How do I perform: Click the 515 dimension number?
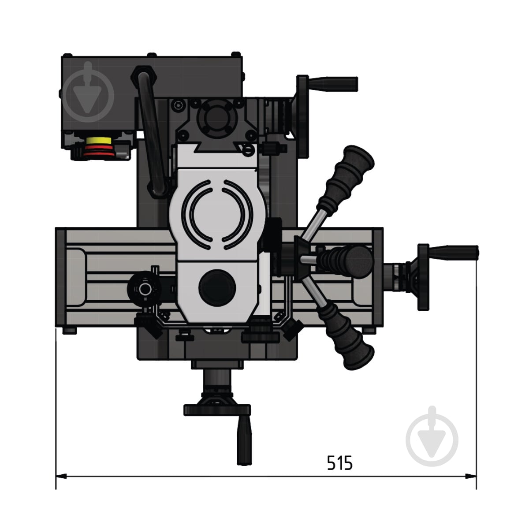click(339, 463)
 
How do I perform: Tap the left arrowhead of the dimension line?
click(61, 476)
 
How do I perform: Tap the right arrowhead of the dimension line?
click(470, 476)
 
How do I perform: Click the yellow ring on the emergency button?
click(99, 141)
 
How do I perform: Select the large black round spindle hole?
click(217, 288)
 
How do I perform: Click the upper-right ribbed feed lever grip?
click(345, 178)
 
